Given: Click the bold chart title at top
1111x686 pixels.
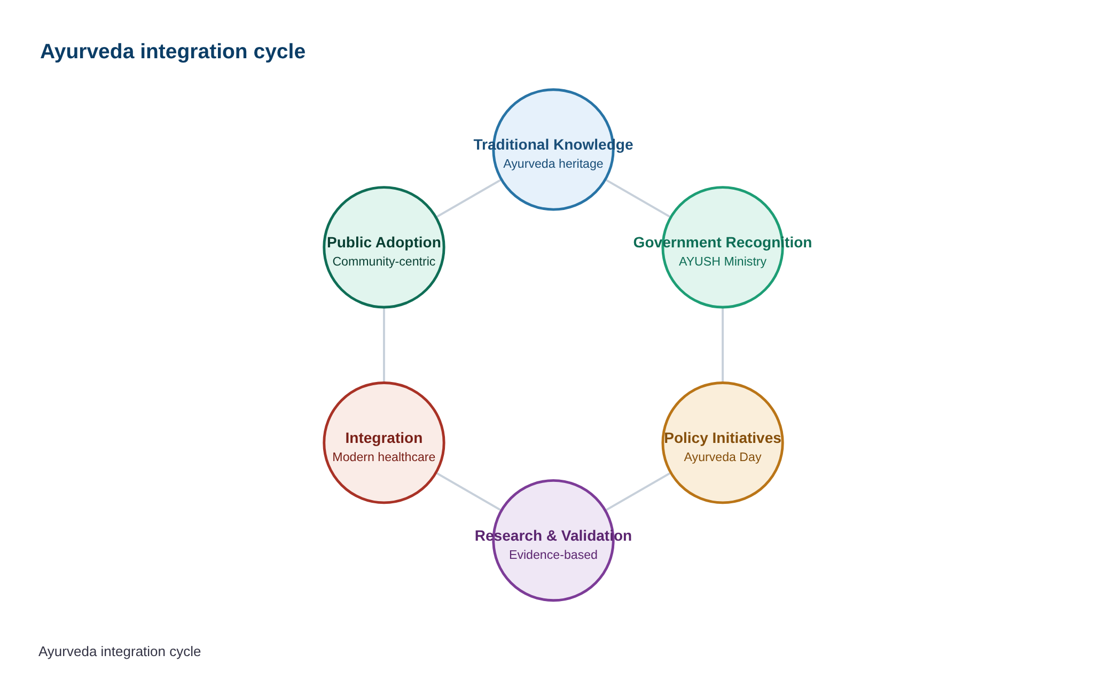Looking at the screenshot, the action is point(173,52).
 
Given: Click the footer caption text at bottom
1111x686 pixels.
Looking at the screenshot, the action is point(120,652).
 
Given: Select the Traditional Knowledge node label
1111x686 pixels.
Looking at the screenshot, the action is point(553,145).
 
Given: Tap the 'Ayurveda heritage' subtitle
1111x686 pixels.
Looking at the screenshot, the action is point(553,163).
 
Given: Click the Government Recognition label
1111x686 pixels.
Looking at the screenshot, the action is point(723,243).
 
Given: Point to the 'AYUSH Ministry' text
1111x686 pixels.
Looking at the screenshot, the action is point(723,262).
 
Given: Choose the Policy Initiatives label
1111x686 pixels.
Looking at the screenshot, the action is point(723,438).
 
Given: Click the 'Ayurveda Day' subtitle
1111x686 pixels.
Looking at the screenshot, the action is point(723,457).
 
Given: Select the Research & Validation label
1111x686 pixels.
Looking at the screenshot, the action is point(553,536).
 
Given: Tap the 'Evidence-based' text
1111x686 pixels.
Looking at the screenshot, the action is point(553,555).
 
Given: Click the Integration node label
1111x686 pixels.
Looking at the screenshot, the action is point(384,438).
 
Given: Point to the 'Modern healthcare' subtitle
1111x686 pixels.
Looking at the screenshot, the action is point(384,457).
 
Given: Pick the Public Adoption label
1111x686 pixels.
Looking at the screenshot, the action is point(384,243).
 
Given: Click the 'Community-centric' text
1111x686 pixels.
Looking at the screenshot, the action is point(384,262).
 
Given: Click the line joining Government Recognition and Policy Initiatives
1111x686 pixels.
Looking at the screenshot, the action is point(723,345).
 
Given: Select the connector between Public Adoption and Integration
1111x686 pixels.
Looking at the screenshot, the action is point(384,345).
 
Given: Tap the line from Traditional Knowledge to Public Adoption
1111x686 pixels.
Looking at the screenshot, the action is point(469,199).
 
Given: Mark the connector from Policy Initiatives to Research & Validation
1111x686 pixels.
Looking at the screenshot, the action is point(638,492).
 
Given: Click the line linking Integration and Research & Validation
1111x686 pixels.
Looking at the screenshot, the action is point(469,492).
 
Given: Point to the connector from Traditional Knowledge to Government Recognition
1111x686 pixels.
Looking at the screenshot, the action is point(638,199).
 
